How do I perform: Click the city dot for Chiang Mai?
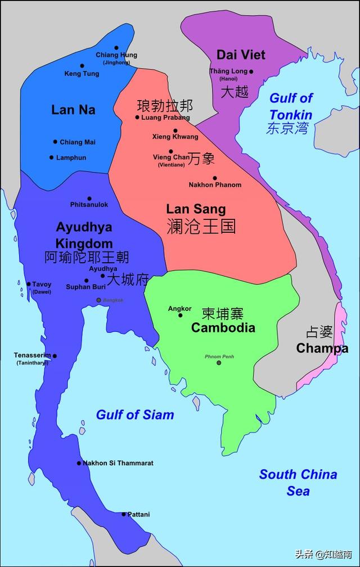pos(55,142)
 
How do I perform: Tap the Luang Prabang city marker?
pos(137,118)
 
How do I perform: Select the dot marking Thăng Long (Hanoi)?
pos(251,71)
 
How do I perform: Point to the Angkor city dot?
pos(180,315)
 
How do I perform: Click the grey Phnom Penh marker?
pos(219,363)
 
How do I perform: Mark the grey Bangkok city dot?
pos(99,300)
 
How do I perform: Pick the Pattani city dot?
pos(124,514)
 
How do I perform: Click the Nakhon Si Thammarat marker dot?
pos(79,463)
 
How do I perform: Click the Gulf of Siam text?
pos(135,415)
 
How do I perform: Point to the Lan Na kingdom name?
pos(73,110)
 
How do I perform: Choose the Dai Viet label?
pos(241,55)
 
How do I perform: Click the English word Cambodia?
pos(223,328)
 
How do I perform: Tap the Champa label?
pos(322,348)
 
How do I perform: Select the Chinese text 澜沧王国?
pos(201,226)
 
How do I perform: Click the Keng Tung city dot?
pos(82,66)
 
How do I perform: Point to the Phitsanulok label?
pos(89,204)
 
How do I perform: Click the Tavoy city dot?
pos(29,284)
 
